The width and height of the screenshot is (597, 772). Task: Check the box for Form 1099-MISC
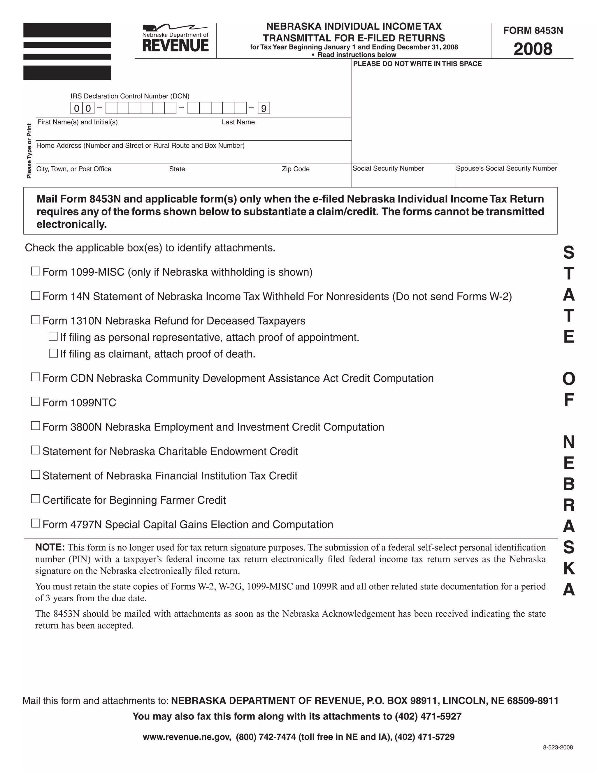tap(35, 271)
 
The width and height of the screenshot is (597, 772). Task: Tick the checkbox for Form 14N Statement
tap(35, 295)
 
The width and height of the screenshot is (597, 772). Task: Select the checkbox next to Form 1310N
tap(35, 320)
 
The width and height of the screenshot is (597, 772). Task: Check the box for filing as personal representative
tap(53, 336)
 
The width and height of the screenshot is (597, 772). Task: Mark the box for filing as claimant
tap(53, 353)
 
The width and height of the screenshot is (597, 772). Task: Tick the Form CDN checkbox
tap(35, 377)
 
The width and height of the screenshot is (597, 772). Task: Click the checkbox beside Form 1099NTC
tap(35, 401)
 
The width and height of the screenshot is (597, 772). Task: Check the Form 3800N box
tap(35, 426)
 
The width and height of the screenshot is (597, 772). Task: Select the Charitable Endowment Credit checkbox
tap(35, 450)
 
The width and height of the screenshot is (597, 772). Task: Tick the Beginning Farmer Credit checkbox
tap(35, 499)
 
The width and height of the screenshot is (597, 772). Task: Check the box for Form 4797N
tap(35, 523)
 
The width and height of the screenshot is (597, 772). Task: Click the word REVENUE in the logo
tap(175, 46)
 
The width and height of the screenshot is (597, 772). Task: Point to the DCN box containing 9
tap(264, 108)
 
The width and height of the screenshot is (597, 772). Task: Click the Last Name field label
tap(238, 122)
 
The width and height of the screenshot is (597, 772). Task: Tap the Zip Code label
tap(295, 169)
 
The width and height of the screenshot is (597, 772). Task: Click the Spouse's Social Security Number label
tap(506, 169)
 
